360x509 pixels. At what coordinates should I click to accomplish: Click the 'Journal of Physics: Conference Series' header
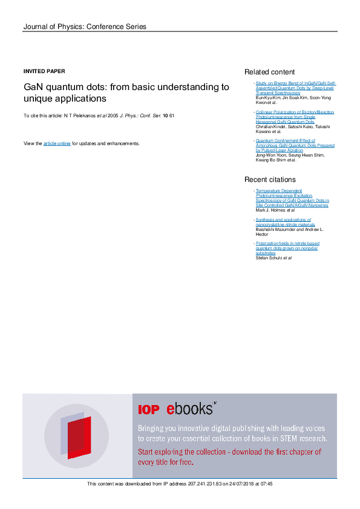pyautogui.click(x=84, y=27)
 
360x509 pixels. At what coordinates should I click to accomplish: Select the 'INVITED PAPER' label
pyautogui.click(x=44, y=71)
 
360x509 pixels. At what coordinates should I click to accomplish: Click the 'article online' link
pyautogui.click(x=57, y=143)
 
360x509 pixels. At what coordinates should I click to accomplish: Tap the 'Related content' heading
pyautogui.click(x=269, y=72)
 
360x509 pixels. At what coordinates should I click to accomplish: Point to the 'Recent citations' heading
pyautogui.click(x=270, y=180)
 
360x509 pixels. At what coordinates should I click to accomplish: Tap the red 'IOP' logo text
pyautogui.click(x=149, y=410)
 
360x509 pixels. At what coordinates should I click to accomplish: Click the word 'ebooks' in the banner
pyautogui.click(x=190, y=409)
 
